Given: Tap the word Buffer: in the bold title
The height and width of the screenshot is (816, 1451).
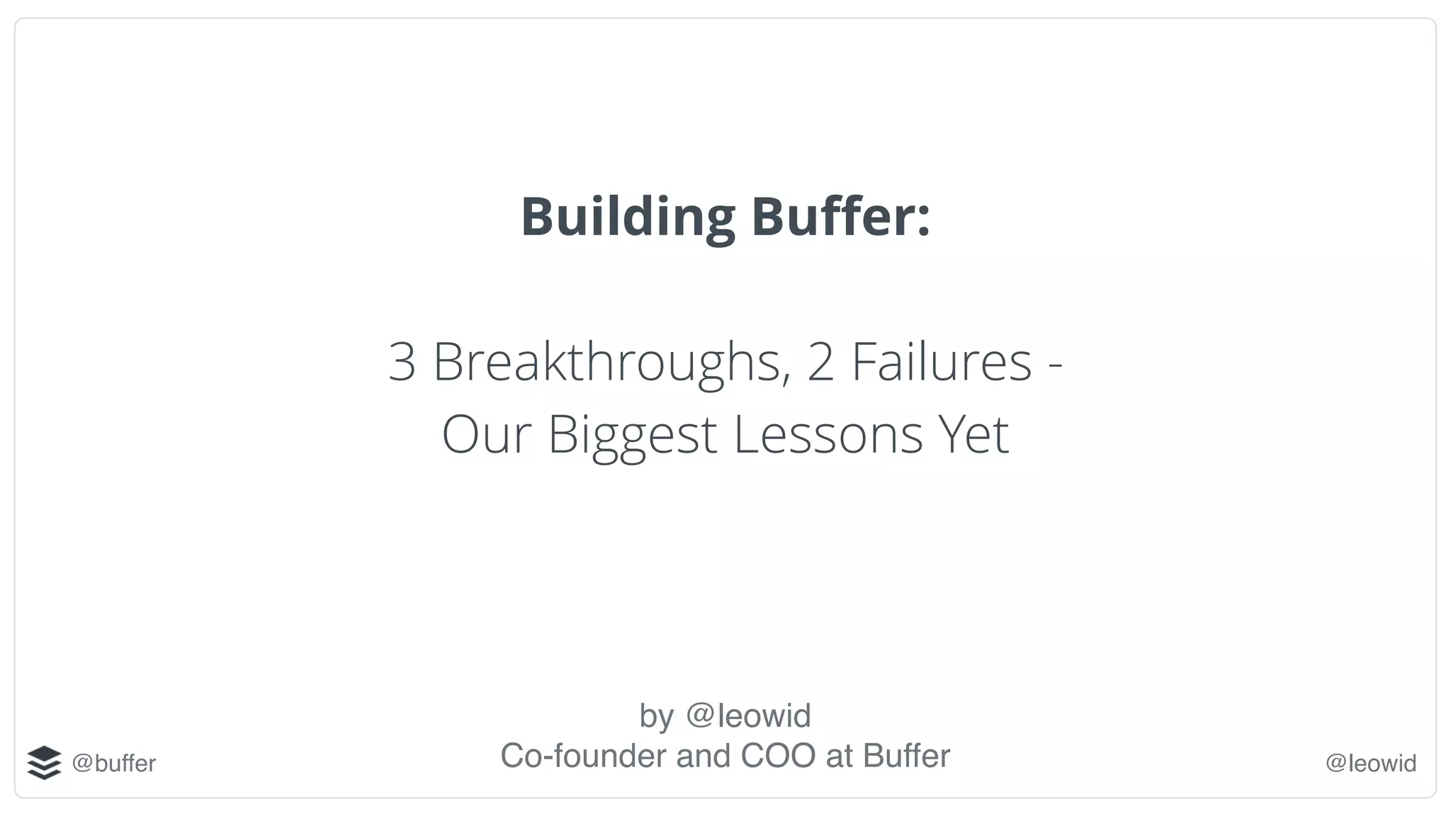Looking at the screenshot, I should click(840, 217).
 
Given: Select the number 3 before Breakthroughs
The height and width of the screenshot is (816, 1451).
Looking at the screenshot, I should click(402, 362).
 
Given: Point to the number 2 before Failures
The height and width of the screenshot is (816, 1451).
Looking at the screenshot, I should click(820, 362).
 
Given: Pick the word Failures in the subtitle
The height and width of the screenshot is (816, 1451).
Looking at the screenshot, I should click(942, 362).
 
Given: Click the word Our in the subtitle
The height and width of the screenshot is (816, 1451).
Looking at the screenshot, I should click(486, 434).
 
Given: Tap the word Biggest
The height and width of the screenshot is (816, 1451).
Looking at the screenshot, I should click(632, 434).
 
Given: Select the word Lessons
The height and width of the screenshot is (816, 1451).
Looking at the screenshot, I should click(828, 434).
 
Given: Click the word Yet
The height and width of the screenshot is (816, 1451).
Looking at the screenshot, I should click(973, 434).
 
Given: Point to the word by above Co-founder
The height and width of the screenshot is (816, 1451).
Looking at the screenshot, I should click(656, 716).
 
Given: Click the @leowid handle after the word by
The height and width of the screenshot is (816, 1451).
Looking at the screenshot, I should click(748, 715).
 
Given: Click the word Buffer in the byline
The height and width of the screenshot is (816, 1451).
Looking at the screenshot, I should click(906, 756).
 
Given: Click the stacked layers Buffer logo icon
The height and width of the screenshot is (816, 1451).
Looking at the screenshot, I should click(44, 763).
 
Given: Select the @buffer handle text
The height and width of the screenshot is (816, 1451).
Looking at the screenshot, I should click(114, 764).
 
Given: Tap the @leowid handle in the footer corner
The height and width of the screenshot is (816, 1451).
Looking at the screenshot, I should click(1370, 764).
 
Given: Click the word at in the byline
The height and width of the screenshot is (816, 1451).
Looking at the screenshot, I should click(839, 756).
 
